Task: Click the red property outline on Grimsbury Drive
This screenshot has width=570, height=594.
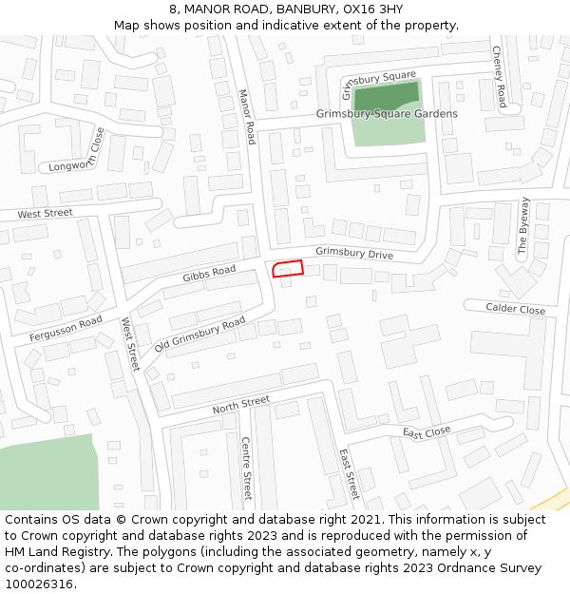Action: [288, 269]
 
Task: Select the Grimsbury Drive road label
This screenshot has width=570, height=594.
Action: [353, 254]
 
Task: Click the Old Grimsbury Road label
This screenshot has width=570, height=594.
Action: [200, 334]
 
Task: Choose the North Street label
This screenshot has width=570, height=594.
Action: [240, 405]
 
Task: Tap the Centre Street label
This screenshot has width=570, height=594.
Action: [246, 469]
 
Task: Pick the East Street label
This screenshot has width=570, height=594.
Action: [349, 474]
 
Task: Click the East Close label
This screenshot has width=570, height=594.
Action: [426, 432]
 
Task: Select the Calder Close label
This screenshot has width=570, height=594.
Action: [515, 310]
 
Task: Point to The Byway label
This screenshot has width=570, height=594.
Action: [523, 225]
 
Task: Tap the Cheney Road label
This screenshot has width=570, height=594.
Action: [500, 76]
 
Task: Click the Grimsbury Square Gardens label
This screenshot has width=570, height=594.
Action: [387, 114]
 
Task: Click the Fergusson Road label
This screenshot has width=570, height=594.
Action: [66, 329]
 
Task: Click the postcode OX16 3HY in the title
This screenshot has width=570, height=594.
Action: [374, 10]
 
